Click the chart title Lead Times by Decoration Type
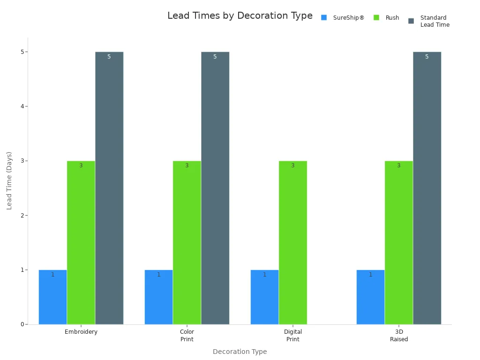coord(240,16)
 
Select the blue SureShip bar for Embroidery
coord(52,297)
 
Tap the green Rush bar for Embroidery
coord(81,242)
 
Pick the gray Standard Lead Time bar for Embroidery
coord(109,188)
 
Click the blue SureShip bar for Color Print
coord(158,297)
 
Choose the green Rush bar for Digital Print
coord(292,242)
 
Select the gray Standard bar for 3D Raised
coord(427,188)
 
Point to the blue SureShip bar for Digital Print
coord(264,297)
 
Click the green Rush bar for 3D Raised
coord(398,242)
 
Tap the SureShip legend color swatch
coord(324,18)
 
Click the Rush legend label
coord(392,18)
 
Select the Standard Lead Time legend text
coord(435,22)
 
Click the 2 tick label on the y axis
coord(22,216)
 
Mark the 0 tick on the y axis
coord(22,324)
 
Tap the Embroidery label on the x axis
coord(81,332)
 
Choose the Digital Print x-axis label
coord(292,336)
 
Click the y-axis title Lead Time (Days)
coord(9,180)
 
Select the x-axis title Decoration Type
coord(240,352)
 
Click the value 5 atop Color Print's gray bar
coord(215,57)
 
